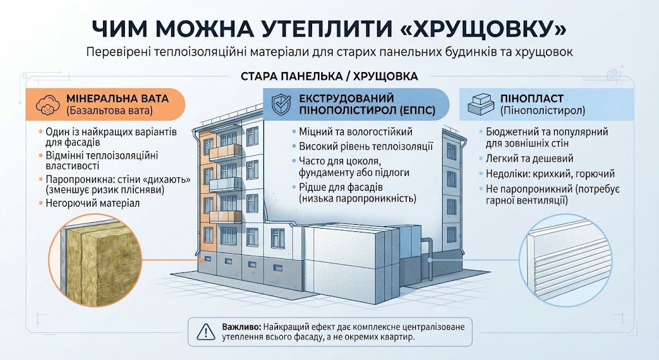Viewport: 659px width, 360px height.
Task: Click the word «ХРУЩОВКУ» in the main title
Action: click(481, 28)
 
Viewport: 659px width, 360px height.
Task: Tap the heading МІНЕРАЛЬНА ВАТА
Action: click(117, 99)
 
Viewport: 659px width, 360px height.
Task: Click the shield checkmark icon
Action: click(282, 105)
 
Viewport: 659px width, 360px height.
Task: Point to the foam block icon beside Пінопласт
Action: click(480, 104)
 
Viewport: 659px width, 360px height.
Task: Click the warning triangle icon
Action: click(206, 332)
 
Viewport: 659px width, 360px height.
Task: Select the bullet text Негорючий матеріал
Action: click(93, 203)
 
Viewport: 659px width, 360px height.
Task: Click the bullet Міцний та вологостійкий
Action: click(355, 132)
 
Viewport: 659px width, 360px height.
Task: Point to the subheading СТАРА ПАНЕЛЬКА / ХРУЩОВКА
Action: click(329, 77)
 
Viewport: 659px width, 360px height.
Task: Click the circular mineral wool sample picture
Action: click(97, 260)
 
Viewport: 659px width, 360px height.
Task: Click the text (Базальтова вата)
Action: click(109, 111)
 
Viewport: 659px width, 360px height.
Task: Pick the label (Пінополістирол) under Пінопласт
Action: click(543, 111)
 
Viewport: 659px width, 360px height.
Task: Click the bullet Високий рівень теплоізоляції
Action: click(366, 147)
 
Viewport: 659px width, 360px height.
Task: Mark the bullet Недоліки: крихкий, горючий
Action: click(550, 174)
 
